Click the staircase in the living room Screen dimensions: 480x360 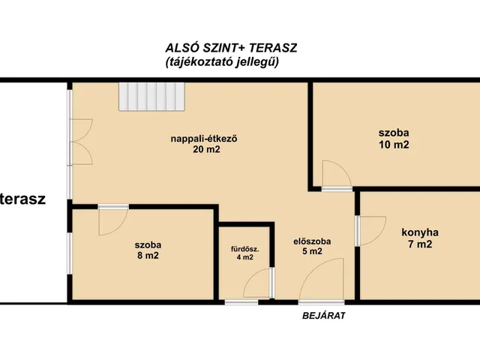pos(151,97)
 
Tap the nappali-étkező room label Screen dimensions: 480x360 pos(204,139)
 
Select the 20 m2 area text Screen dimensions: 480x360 pos(206,149)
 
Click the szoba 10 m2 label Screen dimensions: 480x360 pos(394,139)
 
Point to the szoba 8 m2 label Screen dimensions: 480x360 pos(148,250)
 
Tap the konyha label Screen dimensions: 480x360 pos(420,232)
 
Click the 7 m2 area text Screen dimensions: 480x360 pos(420,244)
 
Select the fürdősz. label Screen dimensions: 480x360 pos(245,249)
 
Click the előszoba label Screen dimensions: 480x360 pos(312,241)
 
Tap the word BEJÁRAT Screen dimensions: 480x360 pos(323,316)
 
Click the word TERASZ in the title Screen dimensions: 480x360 pos(273,48)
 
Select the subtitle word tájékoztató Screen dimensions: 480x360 pos(200,62)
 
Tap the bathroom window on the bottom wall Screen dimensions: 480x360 pos(241,302)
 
